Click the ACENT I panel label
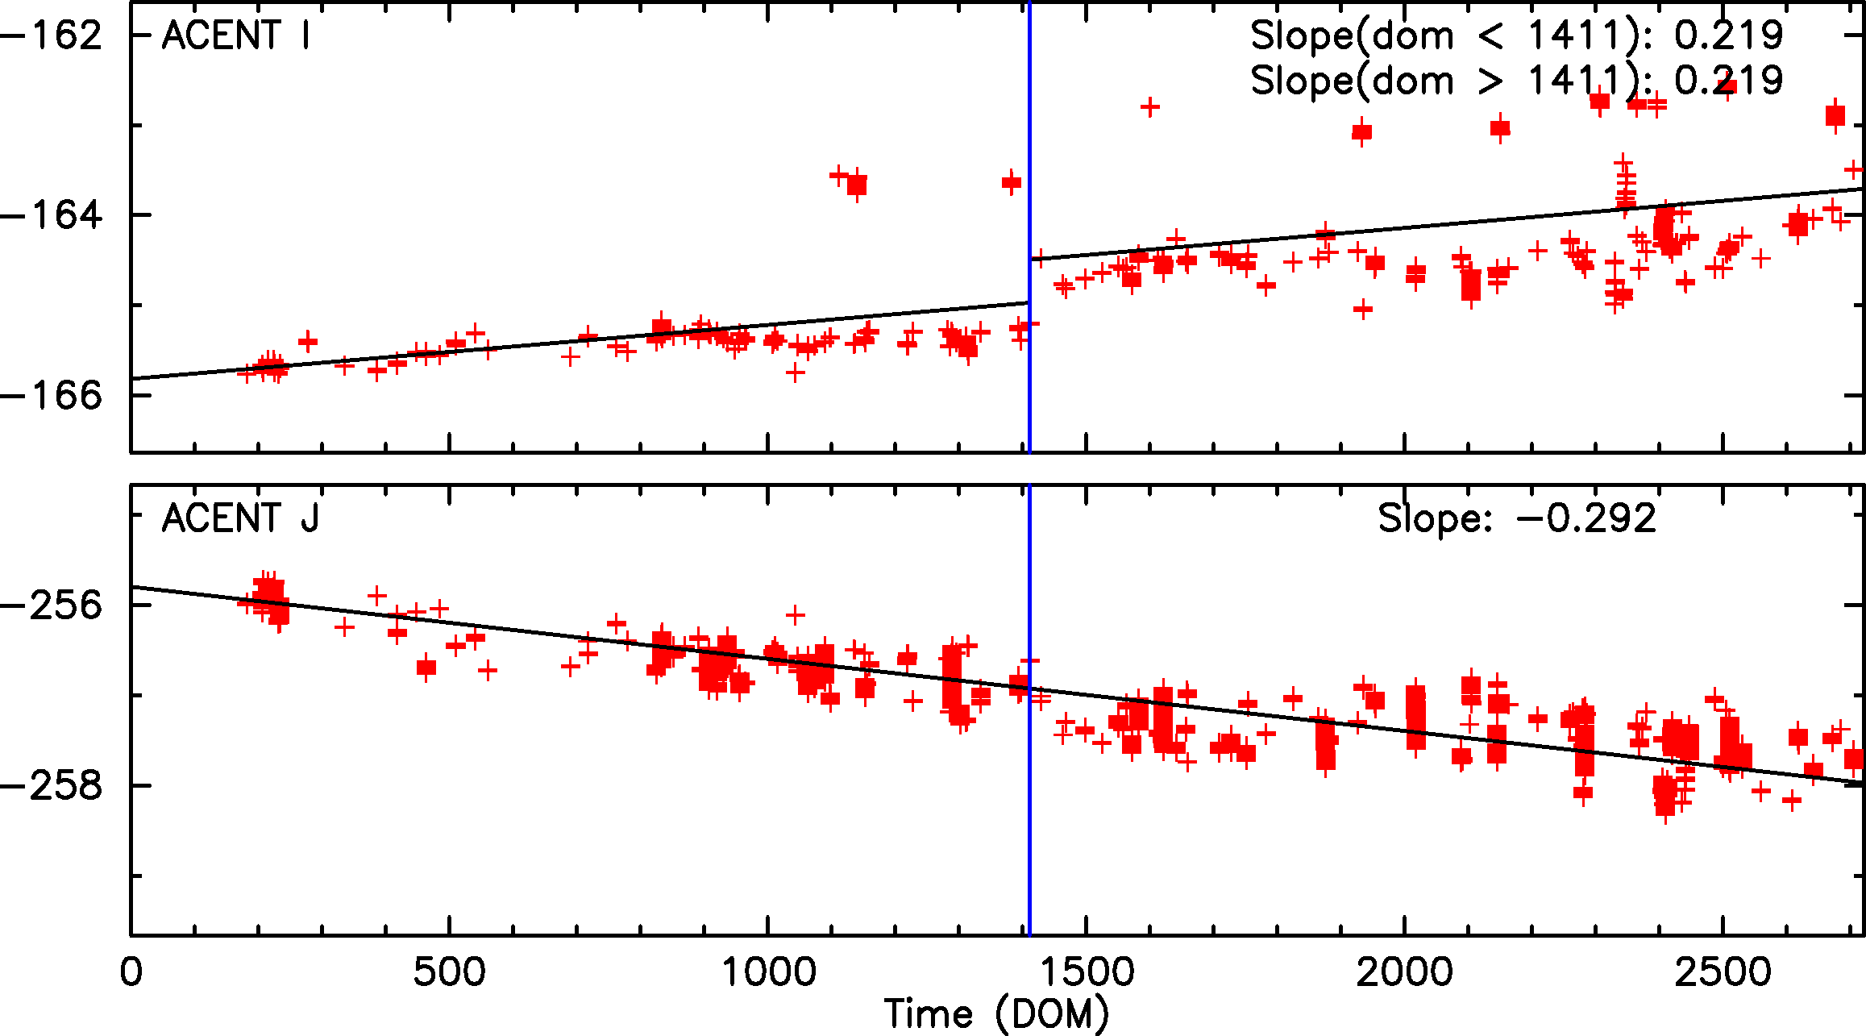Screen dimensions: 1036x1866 (x=235, y=35)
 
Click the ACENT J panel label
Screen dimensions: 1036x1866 (x=240, y=518)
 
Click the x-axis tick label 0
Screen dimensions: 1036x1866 (x=131, y=972)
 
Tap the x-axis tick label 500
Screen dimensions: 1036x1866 (x=449, y=972)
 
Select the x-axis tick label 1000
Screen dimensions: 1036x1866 (x=768, y=972)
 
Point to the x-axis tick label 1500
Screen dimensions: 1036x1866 (x=1087, y=972)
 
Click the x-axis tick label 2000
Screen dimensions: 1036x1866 (x=1405, y=972)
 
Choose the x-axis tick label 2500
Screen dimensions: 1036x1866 (x=1723, y=972)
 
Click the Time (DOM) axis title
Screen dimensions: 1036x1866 (x=996, y=1014)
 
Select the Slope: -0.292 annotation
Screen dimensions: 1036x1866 (x=1517, y=518)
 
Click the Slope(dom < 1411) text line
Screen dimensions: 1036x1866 (x=1516, y=35)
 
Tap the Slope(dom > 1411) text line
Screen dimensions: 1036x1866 (x=1516, y=81)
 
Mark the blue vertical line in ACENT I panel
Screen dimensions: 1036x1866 (x=1029, y=161)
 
